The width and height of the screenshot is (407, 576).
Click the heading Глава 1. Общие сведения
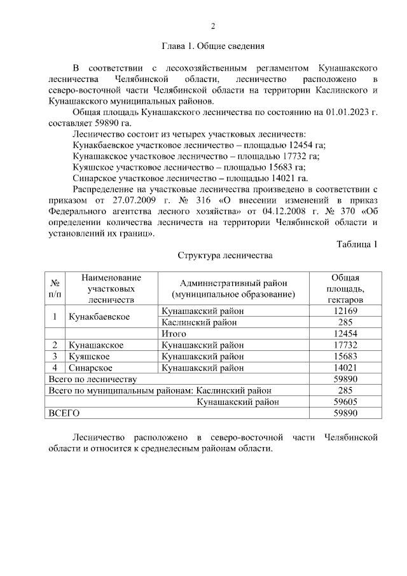click(213, 46)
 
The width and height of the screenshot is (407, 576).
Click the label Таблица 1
click(357, 244)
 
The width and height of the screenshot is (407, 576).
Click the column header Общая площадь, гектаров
click(345, 289)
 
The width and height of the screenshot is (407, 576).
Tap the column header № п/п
click(56, 289)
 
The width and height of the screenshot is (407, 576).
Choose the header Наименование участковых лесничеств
click(111, 289)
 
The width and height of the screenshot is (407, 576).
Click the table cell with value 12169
click(345, 311)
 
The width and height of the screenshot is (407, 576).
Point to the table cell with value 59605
click(345, 402)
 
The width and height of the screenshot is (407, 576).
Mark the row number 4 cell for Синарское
click(55, 367)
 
